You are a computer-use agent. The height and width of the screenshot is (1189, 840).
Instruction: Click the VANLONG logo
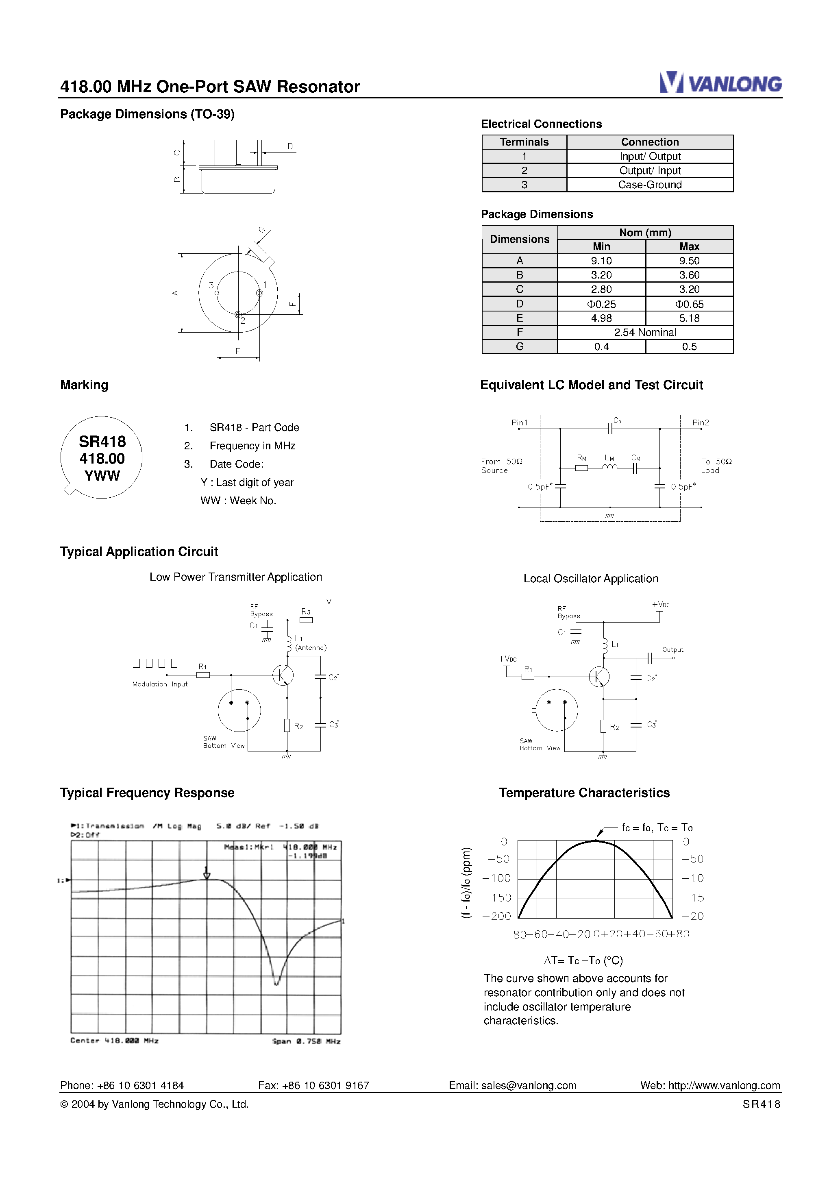click(x=720, y=83)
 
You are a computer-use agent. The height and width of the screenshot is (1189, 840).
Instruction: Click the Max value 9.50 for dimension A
click(x=689, y=261)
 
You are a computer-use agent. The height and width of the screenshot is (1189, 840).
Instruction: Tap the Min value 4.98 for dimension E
click(x=601, y=318)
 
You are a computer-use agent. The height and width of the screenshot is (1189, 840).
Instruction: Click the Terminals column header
click(x=524, y=142)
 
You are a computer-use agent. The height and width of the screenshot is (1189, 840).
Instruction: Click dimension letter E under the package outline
click(x=238, y=351)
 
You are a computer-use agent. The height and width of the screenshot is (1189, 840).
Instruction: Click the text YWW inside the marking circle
click(x=102, y=476)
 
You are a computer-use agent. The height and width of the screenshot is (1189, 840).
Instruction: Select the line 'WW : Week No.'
click(x=238, y=501)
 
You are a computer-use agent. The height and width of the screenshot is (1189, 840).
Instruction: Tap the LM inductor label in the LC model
click(x=609, y=458)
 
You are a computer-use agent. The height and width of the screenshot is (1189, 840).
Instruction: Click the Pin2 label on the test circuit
click(x=700, y=422)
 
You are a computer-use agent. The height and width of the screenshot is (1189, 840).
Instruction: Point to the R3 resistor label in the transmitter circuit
click(x=306, y=612)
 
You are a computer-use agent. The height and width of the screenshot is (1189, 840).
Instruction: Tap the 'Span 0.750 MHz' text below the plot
click(x=306, y=1041)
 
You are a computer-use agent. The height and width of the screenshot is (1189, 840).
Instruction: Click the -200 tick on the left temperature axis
click(x=497, y=916)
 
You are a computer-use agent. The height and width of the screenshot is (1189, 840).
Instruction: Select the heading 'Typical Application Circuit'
click(x=139, y=551)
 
